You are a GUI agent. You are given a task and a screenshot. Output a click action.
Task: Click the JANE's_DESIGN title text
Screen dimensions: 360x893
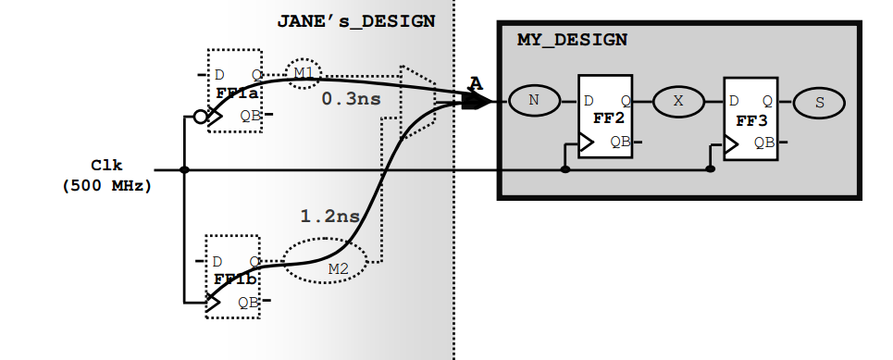(x=355, y=21)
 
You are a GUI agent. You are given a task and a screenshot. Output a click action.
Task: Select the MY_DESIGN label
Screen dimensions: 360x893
(x=572, y=40)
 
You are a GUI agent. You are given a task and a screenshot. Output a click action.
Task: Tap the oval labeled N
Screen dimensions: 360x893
(x=533, y=101)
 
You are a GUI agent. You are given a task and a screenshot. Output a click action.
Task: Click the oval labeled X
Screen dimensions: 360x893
(x=678, y=102)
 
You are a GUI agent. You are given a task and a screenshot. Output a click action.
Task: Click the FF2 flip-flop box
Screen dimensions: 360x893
(x=605, y=117)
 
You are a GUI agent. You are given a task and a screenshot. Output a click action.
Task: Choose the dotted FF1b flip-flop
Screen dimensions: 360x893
(x=232, y=275)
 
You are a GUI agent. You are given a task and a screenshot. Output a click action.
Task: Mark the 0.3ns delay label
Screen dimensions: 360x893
(x=345, y=97)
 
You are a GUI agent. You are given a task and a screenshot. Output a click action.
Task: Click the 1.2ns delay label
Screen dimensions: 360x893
(x=329, y=217)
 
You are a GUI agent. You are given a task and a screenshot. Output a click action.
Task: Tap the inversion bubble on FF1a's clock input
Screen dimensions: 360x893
(x=198, y=118)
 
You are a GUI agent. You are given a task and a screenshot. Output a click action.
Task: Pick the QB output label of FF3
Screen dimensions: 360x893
(x=763, y=143)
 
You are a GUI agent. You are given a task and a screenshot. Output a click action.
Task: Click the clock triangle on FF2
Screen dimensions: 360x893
(x=585, y=143)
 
